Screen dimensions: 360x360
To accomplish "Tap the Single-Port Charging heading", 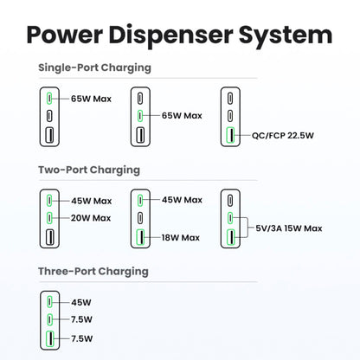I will pyautogui.click(x=95, y=67).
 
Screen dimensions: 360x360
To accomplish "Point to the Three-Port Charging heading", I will pyautogui.click(x=93, y=271).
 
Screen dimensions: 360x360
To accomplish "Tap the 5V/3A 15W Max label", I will pyautogui.click(x=290, y=228).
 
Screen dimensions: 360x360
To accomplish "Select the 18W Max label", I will pyautogui.click(x=179, y=237).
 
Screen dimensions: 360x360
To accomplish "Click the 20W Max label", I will pyautogui.click(x=91, y=217).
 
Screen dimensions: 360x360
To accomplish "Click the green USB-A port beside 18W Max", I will pyautogui.click(x=139, y=236).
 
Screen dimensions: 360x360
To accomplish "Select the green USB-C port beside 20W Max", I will pyautogui.click(x=51, y=217).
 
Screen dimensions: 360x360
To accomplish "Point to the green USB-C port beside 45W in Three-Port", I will pyautogui.click(x=51, y=302).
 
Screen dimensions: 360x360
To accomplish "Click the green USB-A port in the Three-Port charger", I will pyautogui.click(x=51, y=337).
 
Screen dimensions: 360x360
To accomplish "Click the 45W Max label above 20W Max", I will pyautogui.click(x=91, y=200).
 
